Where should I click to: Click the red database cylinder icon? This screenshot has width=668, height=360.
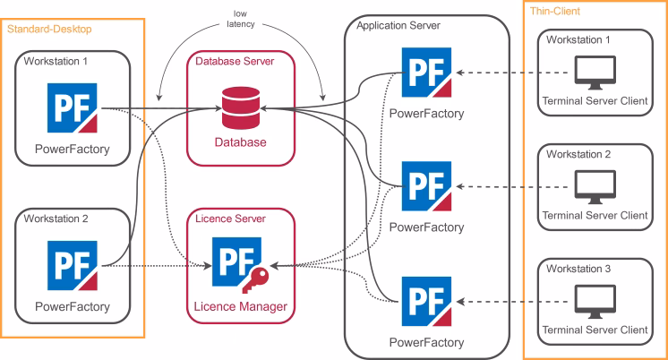point(239,108)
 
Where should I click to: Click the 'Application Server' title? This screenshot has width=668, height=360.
point(398,26)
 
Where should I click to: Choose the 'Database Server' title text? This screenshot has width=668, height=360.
point(235,61)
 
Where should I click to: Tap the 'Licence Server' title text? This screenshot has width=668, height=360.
point(230,219)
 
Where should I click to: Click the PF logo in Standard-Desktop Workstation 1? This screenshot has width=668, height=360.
point(73,108)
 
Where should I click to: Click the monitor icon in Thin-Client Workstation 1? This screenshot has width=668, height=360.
point(594,73)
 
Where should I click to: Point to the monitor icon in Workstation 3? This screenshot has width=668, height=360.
point(594,299)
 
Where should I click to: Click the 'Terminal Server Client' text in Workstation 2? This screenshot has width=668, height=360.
point(595,215)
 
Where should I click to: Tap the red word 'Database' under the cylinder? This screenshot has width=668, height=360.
point(239,142)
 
